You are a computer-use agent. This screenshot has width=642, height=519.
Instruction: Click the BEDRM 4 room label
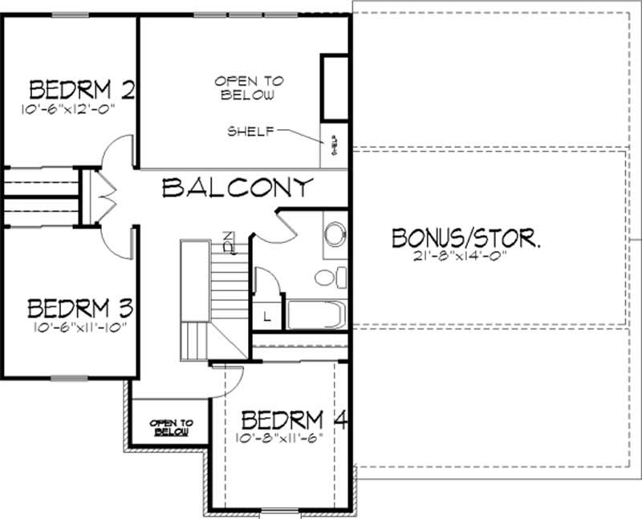pos(292,420)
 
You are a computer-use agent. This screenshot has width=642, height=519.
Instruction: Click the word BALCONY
pos(237,188)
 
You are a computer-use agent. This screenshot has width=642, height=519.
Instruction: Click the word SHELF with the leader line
pos(249,131)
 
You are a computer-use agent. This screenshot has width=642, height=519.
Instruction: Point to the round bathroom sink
pos(335,233)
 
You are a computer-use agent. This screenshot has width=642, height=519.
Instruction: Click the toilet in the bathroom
pos(329,278)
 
